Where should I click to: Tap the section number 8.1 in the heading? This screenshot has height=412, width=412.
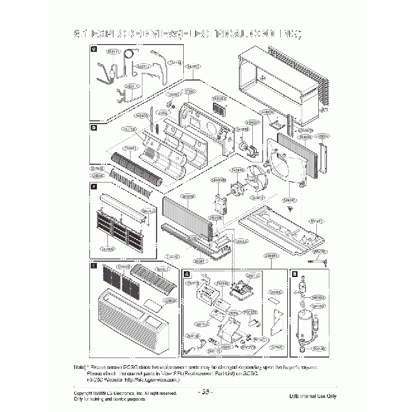point(85,33)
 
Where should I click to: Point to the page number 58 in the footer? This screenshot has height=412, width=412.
point(205,392)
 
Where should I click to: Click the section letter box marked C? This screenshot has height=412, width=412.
point(93,49)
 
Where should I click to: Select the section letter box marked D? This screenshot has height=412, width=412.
point(93,127)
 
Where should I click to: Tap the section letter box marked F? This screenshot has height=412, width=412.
point(93,187)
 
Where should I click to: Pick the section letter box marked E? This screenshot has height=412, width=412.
point(93,267)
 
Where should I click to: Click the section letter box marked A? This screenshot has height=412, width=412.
point(186,274)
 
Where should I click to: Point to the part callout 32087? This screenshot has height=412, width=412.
point(199,261)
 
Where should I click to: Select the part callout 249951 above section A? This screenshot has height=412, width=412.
point(271,255)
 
